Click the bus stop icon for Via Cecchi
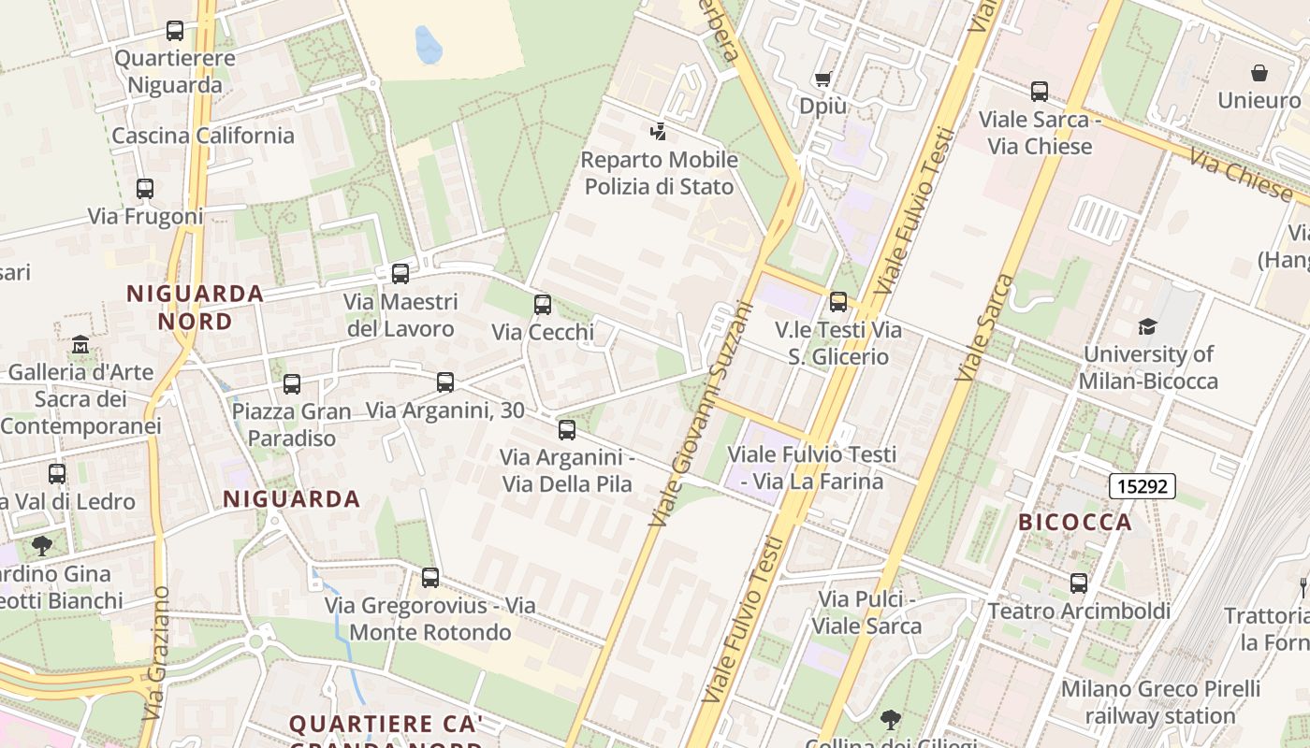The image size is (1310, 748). (x=543, y=304)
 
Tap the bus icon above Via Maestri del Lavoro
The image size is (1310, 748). (x=400, y=273)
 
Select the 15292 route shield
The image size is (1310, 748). (x=1142, y=486)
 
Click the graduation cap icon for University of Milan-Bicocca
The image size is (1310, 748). (x=1147, y=325)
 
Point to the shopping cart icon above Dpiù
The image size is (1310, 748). (x=823, y=79)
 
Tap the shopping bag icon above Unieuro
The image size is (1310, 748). (x=1259, y=73)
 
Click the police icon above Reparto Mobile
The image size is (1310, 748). (x=659, y=132)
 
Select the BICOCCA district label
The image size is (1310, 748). (x=1075, y=522)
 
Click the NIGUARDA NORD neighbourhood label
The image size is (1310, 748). (x=195, y=308)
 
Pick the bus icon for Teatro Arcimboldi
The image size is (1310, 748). (x=1079, y=583)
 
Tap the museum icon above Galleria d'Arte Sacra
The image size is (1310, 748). (x=80, y=344)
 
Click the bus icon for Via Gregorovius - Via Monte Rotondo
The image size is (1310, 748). (x=430, y=577)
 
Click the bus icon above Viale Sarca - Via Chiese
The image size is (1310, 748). (x=1040, y=92)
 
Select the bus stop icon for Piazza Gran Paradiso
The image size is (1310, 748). (x=292, y=383)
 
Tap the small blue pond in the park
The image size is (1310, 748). (x=427, y=44)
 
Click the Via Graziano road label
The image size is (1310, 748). (x=157, y=653)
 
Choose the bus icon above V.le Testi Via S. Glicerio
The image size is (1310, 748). (x=838, y=301)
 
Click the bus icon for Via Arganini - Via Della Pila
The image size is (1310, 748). (x=567, y=429)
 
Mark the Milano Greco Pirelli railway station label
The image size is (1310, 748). (x=1160, y=702)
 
